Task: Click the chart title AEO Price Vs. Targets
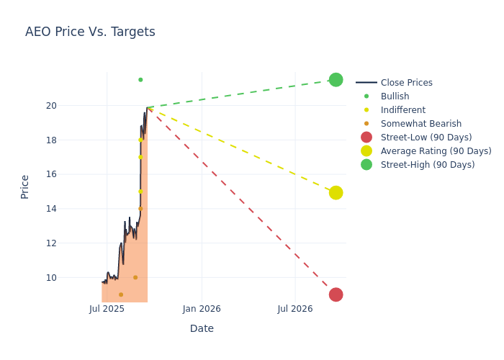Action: click(90, 32)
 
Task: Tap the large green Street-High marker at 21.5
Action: click(336, 80)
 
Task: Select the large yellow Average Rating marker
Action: click(336, 193)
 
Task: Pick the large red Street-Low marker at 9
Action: click(336, 294)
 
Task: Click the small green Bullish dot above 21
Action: click(140, 80)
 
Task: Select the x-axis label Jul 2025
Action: click(107, 309)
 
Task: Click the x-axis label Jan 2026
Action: click(202, 309)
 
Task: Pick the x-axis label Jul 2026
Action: click(295, 309)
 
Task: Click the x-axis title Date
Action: click(202, 328)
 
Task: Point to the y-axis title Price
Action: click(25, 186)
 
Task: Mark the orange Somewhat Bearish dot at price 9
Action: click(121, 294)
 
